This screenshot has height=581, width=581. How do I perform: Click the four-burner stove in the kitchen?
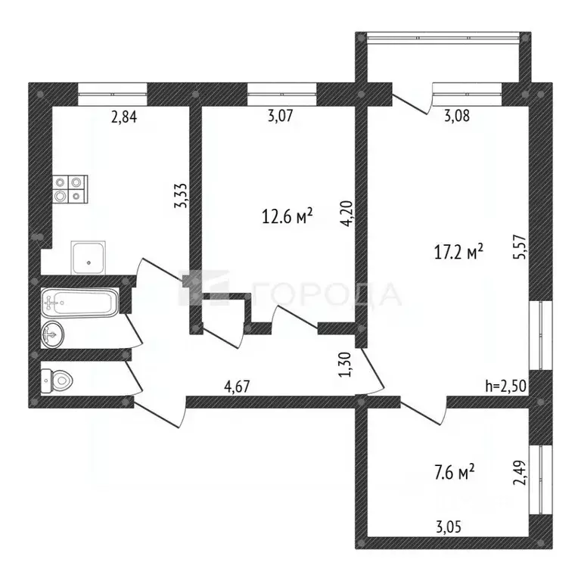70,189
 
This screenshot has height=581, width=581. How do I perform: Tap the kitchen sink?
89,257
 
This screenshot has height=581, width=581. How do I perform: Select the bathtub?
79,303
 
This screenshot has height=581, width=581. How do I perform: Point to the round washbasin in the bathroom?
52,334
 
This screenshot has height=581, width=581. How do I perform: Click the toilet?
57,381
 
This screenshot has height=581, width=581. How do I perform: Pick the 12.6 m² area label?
287,216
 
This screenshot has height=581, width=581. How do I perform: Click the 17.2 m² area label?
458,252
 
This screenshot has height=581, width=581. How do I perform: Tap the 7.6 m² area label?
454,472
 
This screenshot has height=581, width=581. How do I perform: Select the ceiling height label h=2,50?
506,386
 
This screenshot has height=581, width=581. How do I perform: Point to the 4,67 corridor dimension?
237,387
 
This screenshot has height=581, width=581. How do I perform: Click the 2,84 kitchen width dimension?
124,117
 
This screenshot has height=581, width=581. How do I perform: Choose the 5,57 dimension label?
519,246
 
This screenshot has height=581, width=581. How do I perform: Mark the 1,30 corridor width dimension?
345,365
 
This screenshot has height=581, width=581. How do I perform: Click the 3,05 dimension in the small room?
449,527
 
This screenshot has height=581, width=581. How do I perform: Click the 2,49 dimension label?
519,472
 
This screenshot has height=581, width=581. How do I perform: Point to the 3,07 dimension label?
280,116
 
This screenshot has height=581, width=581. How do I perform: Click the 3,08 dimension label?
457,116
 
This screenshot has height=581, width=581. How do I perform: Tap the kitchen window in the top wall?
113,94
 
